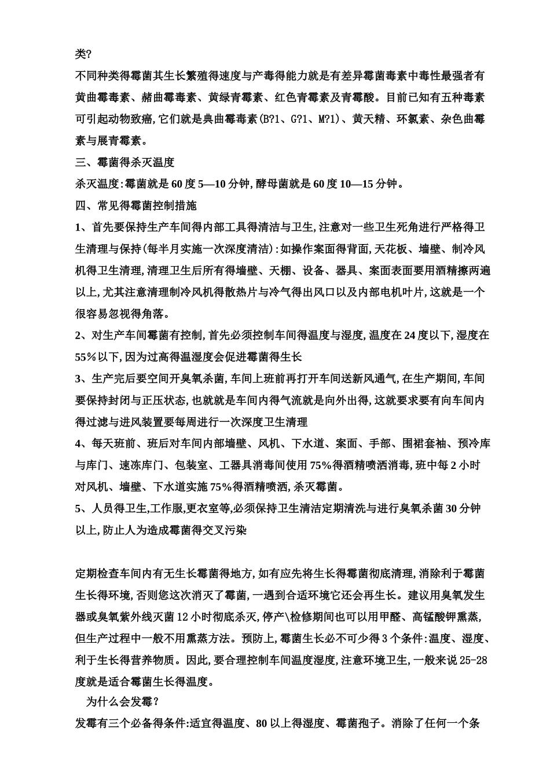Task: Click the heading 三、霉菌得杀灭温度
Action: (125, 162)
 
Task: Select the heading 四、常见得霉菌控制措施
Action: (136, 205)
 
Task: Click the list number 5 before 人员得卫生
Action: (78, 508)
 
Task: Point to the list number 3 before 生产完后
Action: (78, 378)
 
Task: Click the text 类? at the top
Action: (83, 54)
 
